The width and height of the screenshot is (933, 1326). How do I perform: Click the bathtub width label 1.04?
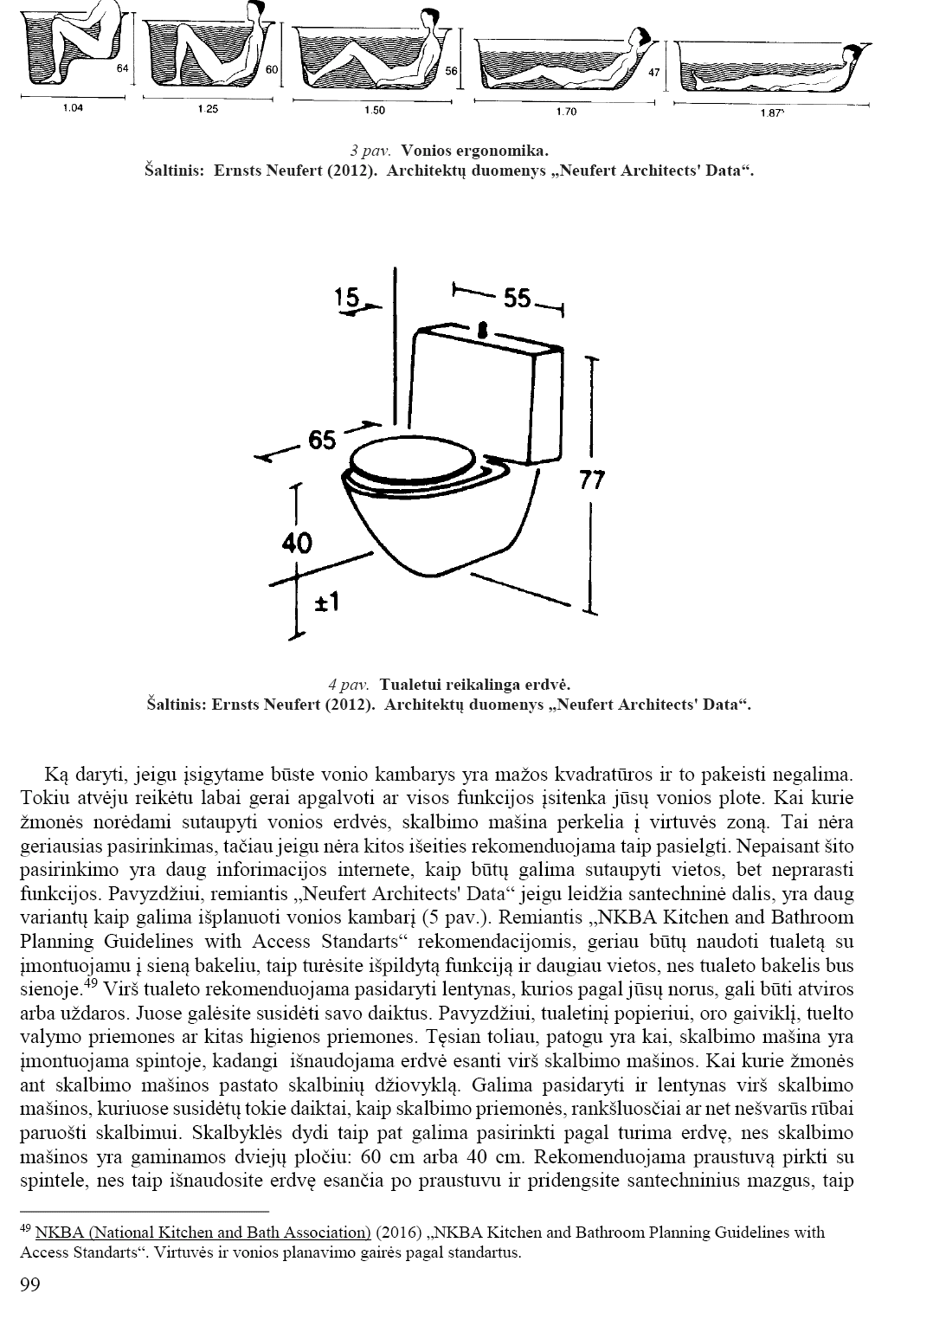[73, 108]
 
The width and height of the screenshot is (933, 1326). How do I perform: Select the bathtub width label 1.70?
[566, 112]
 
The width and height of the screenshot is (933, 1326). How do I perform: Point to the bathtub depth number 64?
[122, 68]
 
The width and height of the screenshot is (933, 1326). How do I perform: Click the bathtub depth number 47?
[654, 73]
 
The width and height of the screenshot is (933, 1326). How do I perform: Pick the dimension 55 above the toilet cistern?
[517, 298]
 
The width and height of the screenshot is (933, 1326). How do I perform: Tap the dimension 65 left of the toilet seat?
[321, 441]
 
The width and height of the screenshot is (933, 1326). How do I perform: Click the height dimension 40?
[297, 543]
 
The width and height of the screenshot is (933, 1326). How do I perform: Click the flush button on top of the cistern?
[481, 329]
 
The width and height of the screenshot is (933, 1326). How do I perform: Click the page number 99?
[29, 1284]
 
